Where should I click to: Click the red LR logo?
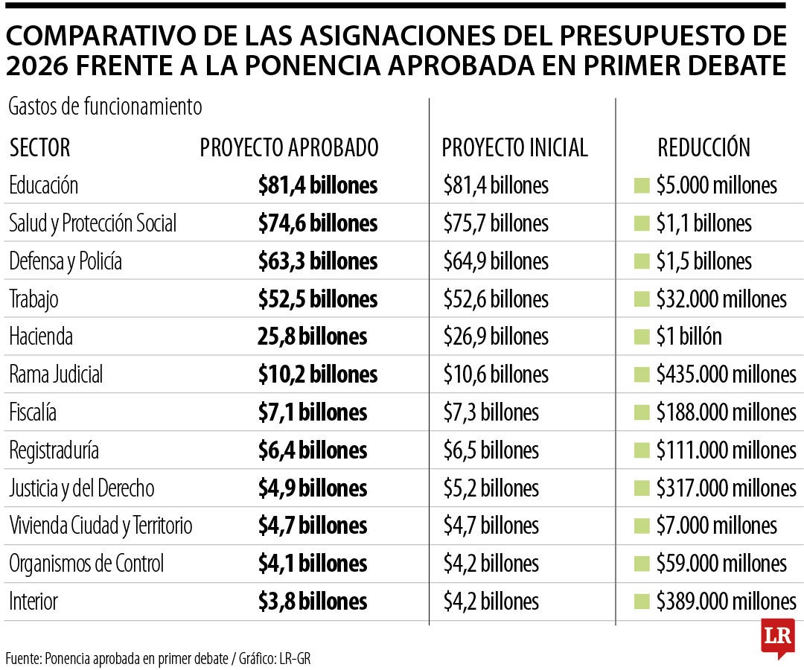(777, 637)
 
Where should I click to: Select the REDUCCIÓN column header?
(703, 147)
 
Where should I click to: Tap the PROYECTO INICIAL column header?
(514, 147)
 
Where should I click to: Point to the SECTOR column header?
(39, 147)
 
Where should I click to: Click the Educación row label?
(43, 185)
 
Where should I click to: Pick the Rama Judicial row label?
(56, 374)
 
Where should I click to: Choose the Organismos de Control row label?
(86, 563)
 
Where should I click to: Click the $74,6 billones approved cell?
(318, 223)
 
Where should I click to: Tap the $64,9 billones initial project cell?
(495, 261)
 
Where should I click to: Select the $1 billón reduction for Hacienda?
(689, 336)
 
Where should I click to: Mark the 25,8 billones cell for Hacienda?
(313, 336)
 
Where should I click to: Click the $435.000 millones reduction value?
(726, 374)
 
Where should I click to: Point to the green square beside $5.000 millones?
(641, 185)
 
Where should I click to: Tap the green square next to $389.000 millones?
(641, 601)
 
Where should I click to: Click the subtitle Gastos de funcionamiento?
(105, 106)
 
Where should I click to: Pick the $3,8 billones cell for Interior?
(313, 601)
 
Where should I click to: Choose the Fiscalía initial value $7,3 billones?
(491, 412)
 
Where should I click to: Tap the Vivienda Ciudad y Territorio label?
(100, 526)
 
